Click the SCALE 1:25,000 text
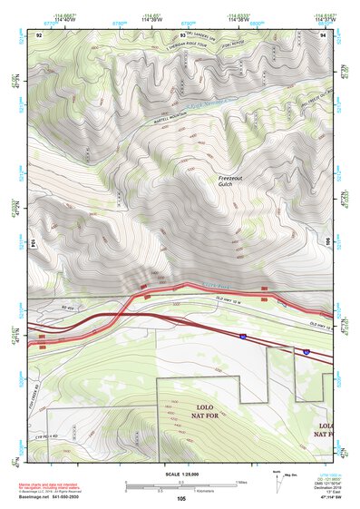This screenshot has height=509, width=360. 180,474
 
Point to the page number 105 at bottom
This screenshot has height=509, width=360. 180,498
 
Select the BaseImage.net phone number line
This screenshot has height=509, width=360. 51,498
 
